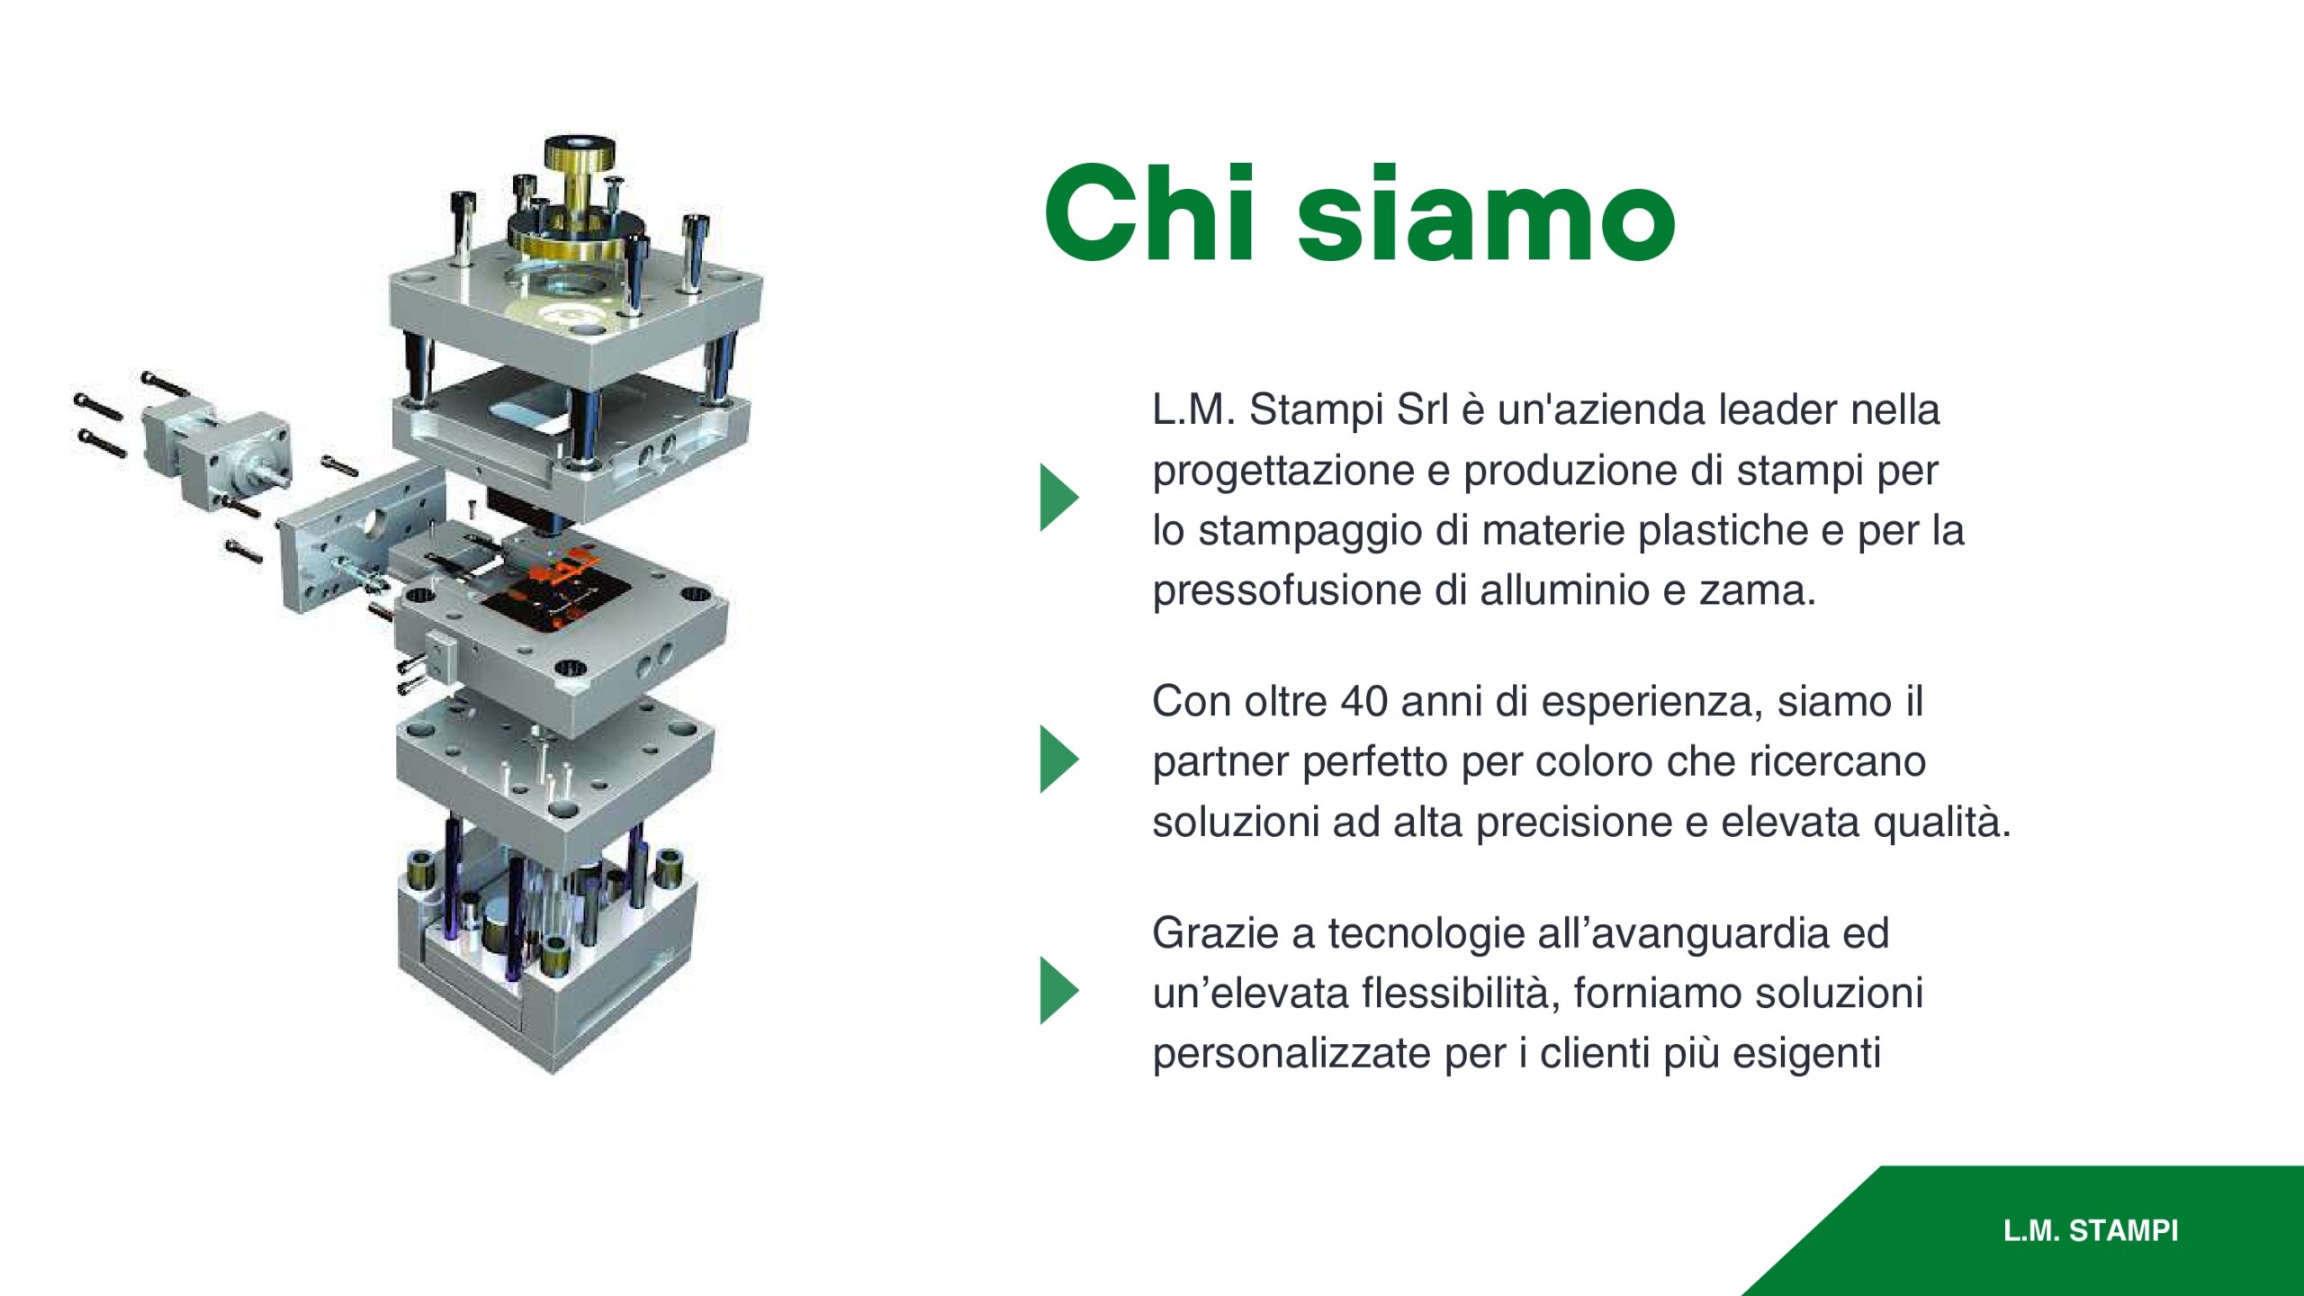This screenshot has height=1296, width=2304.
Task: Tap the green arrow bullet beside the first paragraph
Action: click(1059, 498)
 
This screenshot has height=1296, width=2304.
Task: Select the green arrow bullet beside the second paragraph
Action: click(1059, 759)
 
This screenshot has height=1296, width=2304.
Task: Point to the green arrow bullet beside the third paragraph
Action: click(1059, 990)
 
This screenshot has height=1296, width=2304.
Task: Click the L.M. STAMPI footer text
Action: click(2091, 1230)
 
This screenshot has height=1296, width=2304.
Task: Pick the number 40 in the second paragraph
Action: click(1363, 701)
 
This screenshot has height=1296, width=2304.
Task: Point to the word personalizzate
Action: click(1291, 1055)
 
